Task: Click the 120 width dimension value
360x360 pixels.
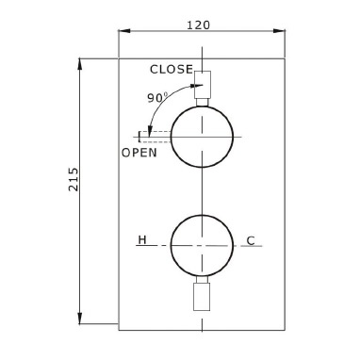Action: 198,25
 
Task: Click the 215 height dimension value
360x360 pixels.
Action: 74,179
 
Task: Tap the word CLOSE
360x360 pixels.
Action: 172,69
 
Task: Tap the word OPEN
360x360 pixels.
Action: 139,153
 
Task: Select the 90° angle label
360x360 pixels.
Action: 158,98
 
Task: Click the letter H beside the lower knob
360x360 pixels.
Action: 142,240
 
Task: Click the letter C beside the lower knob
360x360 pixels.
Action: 251,241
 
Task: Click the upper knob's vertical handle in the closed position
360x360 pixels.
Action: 203,85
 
